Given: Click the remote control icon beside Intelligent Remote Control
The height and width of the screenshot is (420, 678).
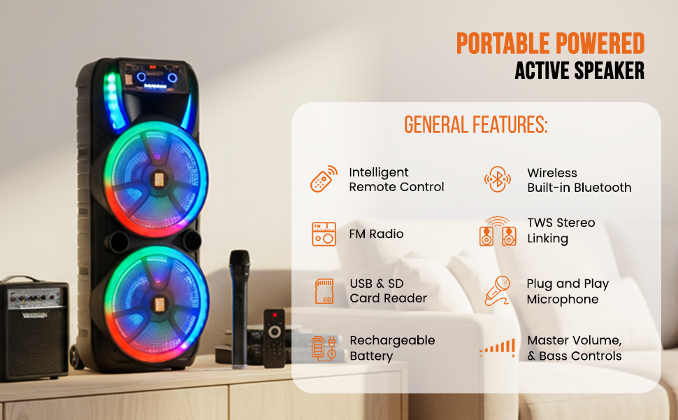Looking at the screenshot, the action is click(x=324, y=178).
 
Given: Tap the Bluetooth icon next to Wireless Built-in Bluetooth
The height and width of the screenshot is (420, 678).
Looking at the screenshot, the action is click(x=498, y=178).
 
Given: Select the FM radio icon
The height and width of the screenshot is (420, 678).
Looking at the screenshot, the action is click(x=324, y=234).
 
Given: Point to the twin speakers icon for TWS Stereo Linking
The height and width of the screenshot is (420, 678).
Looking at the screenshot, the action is click(x=498, y=232).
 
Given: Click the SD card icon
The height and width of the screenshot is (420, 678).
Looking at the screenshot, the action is click(x=324, y=291).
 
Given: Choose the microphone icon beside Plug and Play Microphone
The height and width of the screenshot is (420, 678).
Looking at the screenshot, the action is click(x=498, y=290).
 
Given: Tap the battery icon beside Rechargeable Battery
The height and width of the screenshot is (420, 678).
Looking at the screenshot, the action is click(x=324, y=348).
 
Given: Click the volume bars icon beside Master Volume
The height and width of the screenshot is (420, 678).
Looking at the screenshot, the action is click(x=498, y=348).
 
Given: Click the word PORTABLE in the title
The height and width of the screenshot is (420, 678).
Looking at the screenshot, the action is click(x=503, y=43).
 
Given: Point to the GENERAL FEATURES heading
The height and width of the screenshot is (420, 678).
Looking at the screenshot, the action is click(x=475, y=125).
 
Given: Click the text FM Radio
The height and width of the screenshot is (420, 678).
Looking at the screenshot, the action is click(x=376, y=234).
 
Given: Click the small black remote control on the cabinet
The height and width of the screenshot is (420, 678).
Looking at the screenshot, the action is click(x=274, y=338).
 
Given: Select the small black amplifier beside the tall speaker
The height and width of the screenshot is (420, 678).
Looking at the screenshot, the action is click(x=34, y=328).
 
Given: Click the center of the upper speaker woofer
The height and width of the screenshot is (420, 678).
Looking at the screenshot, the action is click(x=158, y=179).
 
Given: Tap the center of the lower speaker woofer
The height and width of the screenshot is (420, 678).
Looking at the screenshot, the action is click(x=158, y=304).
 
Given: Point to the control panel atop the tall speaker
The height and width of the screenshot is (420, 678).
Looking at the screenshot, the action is click(x=154, y=77).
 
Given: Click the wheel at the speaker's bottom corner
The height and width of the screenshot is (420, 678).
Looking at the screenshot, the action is click(x=75, y=357).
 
